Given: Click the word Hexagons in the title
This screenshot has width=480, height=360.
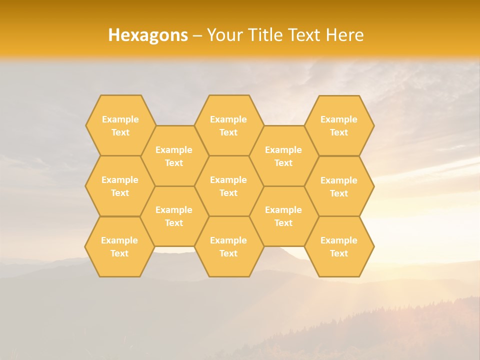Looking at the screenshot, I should pyautogui.click(x=148, y=35).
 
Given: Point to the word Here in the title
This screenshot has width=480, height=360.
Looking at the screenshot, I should pyautogui.click(x=344, y=35).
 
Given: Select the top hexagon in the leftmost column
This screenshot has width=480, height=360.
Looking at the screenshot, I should pyautogui.click(x=120, y=125).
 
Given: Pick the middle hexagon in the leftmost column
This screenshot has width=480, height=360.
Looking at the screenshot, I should pyautogui.click(x=120, y=186).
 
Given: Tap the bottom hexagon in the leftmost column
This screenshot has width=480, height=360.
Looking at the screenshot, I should pyautogui.click(x=119, y=246).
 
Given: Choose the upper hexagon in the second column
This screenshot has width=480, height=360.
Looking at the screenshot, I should pyautogui.click(x=174, y=156).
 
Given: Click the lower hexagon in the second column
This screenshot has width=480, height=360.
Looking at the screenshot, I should pyautogui.click(x=174, y=216).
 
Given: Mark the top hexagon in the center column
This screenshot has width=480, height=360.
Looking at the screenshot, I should pyautogui.click(x=228, y=125).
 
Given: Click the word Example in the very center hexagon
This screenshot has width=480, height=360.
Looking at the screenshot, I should pyautogui.click(x=228, y=180).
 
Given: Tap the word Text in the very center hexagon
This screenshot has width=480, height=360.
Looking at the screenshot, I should pyautogui.click(x=228, y=193).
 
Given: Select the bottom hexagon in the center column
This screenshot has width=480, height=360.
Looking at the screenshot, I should pyautogui.click(x=228, y=246).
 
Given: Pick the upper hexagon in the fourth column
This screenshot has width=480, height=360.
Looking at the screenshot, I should pyautogui.click(x=283, y=156).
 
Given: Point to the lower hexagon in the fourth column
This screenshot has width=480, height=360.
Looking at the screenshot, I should pyautogui.click(x=283, y=216).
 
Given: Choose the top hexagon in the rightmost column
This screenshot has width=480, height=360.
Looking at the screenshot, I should pyautogui.click(x=339, y=125).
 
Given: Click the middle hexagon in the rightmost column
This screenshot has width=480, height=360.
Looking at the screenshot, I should pyautogui.click(x=339, y=186).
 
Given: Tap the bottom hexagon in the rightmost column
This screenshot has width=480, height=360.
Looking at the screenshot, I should pyautogui.click(x=339, y=246).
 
